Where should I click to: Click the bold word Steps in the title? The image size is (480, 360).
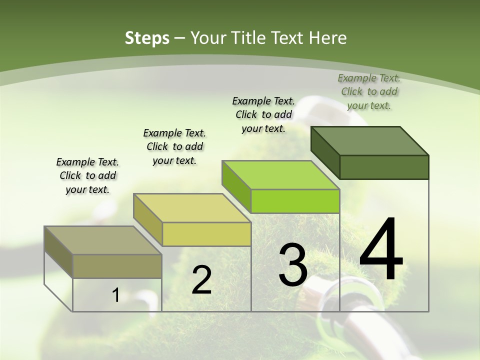146,38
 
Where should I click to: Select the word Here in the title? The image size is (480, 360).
328,38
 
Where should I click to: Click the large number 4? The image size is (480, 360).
381,249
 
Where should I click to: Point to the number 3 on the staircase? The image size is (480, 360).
292,265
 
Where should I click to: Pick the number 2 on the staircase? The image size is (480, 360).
201,280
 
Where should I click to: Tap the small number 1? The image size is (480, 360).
116,295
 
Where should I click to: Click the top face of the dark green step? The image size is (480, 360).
370,140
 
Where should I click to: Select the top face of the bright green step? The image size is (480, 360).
280,175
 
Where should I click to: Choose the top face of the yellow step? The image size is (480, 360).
192,208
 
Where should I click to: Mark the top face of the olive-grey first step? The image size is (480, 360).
103,240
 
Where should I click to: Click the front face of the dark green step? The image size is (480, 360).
384,167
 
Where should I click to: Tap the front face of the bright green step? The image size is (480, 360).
295,201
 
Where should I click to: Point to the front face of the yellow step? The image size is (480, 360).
206,234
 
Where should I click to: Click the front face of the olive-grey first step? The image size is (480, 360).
117,266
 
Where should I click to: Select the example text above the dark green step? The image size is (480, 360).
369,91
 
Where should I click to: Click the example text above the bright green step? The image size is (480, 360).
263,114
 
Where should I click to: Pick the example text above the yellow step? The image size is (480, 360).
174,146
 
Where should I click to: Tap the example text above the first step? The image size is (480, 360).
87,175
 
